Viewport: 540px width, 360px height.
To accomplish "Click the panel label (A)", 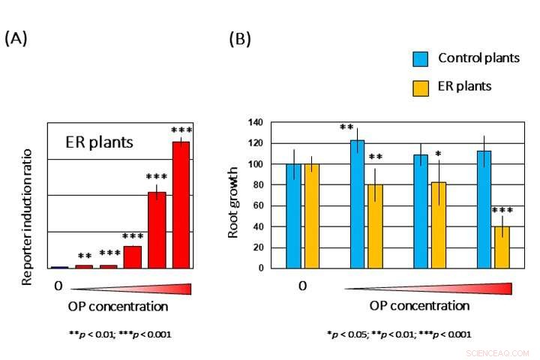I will pyautogui.click(x=16, y=38).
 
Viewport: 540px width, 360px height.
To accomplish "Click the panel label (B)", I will pyautogui.click(x=240, y=38).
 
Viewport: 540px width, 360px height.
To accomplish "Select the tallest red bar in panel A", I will pyautogui.click(x=181, y=204).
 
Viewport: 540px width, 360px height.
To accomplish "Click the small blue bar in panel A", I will pyautogui.click(x=59, y=267).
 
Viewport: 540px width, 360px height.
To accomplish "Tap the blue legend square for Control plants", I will pyautogui.click(x=420, y=58).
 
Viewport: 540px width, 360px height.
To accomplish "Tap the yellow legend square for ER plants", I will pyautogui.click(x=420, y=87).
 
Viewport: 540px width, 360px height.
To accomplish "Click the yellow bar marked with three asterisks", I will pyautogui.click(x=501, y=247).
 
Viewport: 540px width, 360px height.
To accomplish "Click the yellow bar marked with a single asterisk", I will pyautogui.click(x=437, y=225).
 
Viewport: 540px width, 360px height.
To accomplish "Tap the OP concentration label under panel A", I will pyautogui.click(x=118, y=307).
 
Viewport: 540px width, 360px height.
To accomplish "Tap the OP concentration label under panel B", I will pyautogui.click(x=419, y=306).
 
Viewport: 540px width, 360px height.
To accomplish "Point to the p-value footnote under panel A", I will pyautogui.click(x=120, y=334).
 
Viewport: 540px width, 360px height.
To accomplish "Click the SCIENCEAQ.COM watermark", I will pyautogui.click(x=497, y=352).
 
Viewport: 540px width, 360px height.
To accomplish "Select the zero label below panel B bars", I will pyautogui.click(x=302, y=286).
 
